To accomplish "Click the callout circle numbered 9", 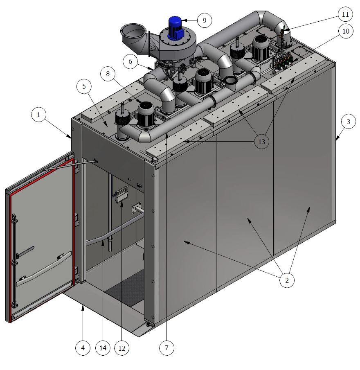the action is pyautogui.click(x=205, y=20).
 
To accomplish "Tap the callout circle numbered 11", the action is pyautogui.click(x=345, y=14).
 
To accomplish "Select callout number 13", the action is pyautogui.click(x=262, y=142).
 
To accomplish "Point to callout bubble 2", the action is pyautogui.click(x=287, y=280).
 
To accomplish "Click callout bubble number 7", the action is pyautogui.click(x=166, y=348).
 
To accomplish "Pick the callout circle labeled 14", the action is pyautogui.click(x=103, y=348).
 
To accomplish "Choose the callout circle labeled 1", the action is pyautogui.click(x=39, y=115).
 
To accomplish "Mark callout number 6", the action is pyautogui.click(x=130, y=61).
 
